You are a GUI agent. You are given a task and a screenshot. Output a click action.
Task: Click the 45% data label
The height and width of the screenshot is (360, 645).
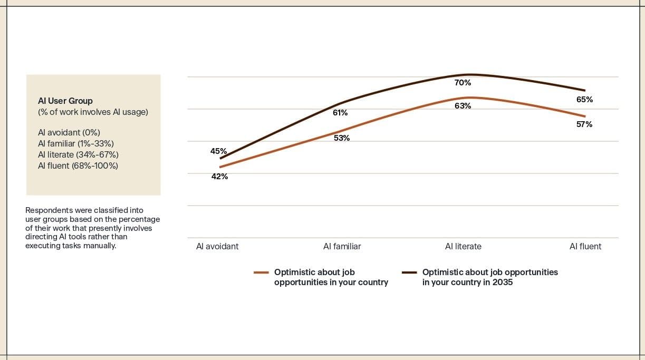click(218, 151)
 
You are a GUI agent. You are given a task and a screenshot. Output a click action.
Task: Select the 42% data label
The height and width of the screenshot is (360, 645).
click(219, 177)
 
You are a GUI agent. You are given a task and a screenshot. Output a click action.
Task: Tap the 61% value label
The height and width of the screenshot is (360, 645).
click(340, 113)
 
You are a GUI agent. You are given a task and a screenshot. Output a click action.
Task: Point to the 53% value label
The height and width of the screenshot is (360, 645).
click(342, 138)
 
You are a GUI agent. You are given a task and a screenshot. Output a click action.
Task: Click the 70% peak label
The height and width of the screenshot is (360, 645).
click(463, 83)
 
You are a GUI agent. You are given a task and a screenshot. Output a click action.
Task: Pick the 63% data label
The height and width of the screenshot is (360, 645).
click(463, 106)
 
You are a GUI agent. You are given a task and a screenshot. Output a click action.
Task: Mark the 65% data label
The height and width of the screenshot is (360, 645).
click(584, 100)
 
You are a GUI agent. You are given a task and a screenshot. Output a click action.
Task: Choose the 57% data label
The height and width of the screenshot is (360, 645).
click(584, 124)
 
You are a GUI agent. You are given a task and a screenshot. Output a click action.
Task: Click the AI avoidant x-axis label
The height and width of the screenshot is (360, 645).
click(217, 246)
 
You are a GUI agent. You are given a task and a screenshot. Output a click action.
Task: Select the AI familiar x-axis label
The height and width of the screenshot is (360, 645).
click(342, 246)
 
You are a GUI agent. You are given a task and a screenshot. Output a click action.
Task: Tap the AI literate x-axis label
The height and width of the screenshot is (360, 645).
click(463, 246)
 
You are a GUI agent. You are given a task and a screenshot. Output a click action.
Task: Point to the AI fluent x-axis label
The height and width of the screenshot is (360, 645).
click(585, 246)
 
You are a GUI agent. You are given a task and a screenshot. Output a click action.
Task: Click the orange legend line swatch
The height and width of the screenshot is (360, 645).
click(261, 273)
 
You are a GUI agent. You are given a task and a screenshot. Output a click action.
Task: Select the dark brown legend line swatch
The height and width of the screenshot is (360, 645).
click(409, 273)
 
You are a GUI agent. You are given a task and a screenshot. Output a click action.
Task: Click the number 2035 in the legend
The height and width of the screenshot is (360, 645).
click(502, 282)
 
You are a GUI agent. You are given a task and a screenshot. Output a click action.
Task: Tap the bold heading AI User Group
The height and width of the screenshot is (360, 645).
click(65, 101)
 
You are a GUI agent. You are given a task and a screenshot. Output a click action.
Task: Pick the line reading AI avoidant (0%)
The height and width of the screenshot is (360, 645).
click(69, 132)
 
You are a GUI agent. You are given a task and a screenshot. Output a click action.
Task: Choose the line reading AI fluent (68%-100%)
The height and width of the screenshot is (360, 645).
click(78, 166)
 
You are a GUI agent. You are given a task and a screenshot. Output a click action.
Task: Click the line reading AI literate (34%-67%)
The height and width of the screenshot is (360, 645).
click(78, 154)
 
